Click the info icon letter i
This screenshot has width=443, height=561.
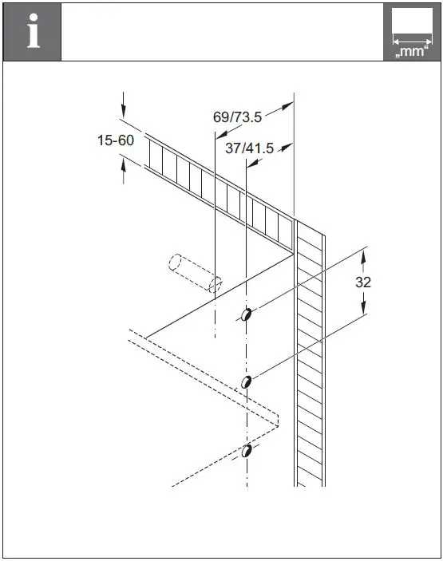tap(32, 32)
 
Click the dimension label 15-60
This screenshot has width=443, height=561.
tap(116, 140)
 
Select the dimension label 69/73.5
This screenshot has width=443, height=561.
tap(237, 117)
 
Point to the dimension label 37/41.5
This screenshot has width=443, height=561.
tap(249, 148)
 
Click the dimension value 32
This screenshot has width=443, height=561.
tap(363, 282)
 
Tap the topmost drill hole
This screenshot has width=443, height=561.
tap(247, 315)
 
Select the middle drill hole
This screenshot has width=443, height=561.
tap(247, 382)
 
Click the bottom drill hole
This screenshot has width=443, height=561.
tap(247, 452)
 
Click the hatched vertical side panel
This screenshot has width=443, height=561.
tap(310, 359)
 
